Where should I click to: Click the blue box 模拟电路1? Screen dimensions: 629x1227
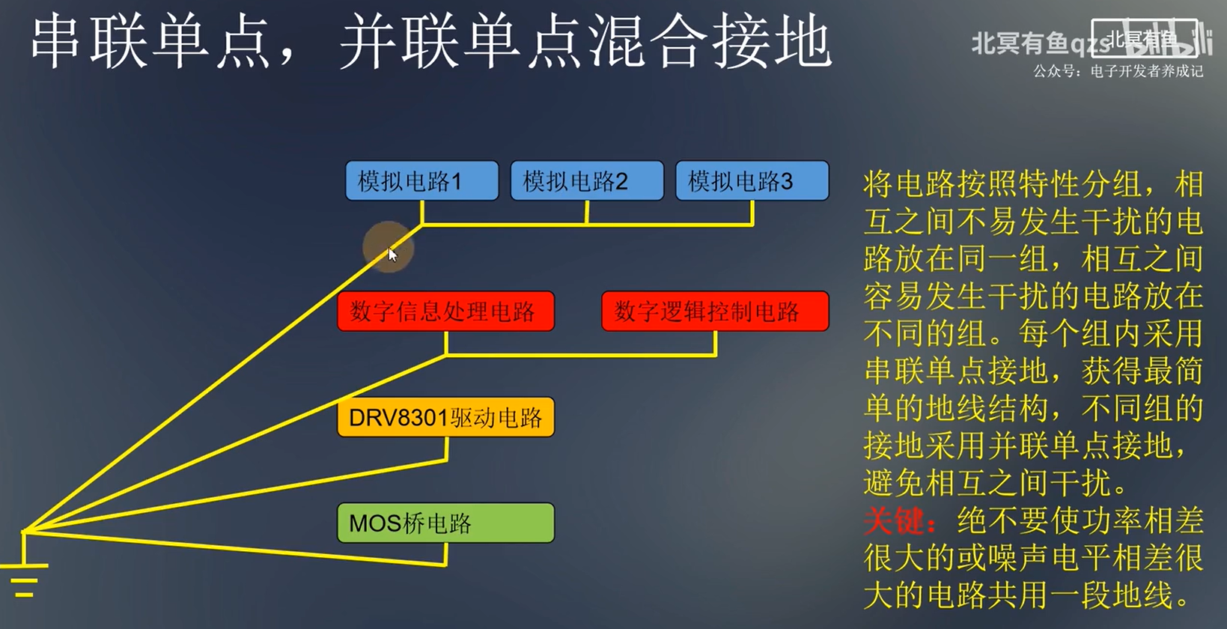(x=421, y=181)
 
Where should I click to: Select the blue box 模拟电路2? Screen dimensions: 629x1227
(x=587, y=181)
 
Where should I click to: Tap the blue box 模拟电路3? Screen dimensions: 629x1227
(x=752, y=181)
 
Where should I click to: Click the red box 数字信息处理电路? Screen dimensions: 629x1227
(x=445, y=312)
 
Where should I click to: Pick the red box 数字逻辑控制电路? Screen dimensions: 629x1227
(x=715, y=312)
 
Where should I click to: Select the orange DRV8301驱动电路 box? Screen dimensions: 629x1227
(x=445, y=417)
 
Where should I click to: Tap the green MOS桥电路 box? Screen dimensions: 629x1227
(x=445, y=523)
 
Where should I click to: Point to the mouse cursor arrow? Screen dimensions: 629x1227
(x=392, y=254)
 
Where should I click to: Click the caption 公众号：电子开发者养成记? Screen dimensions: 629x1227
(x=1118, y=72)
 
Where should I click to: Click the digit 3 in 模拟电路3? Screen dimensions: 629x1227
(x=786, y=182)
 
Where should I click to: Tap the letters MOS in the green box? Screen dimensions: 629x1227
(x=375, y=523)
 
